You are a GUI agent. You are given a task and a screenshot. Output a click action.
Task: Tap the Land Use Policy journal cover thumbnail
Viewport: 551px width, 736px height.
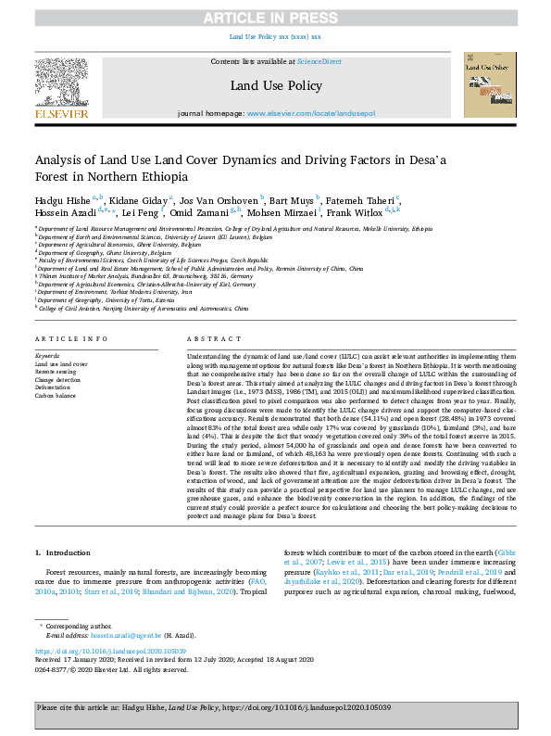490,83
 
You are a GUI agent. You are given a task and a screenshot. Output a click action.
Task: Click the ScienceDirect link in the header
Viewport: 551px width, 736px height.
319,60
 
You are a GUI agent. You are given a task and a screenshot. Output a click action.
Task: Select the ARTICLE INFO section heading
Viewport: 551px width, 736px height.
65,340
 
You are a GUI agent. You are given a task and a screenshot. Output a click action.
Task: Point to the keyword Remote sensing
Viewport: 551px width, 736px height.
56,372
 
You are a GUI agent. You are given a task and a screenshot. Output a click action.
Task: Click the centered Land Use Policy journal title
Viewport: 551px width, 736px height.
275,86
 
